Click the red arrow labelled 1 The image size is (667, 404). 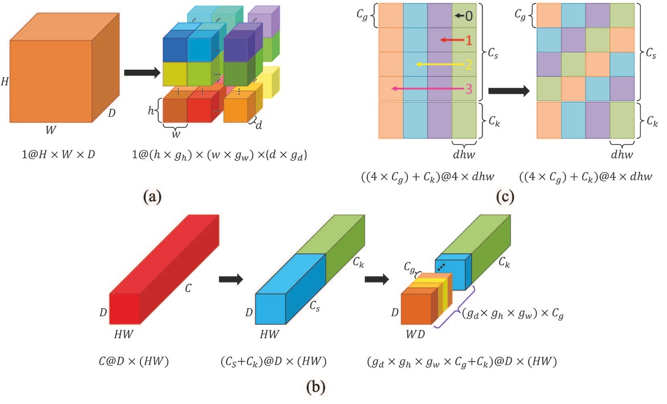(x=453, y=40)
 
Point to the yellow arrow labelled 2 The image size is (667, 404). (x=441, y=64)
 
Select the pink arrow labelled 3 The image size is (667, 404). (x=430, y=88)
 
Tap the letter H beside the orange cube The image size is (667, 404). (x=5, y=82)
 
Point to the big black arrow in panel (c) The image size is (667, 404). (x=508, y=91)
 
